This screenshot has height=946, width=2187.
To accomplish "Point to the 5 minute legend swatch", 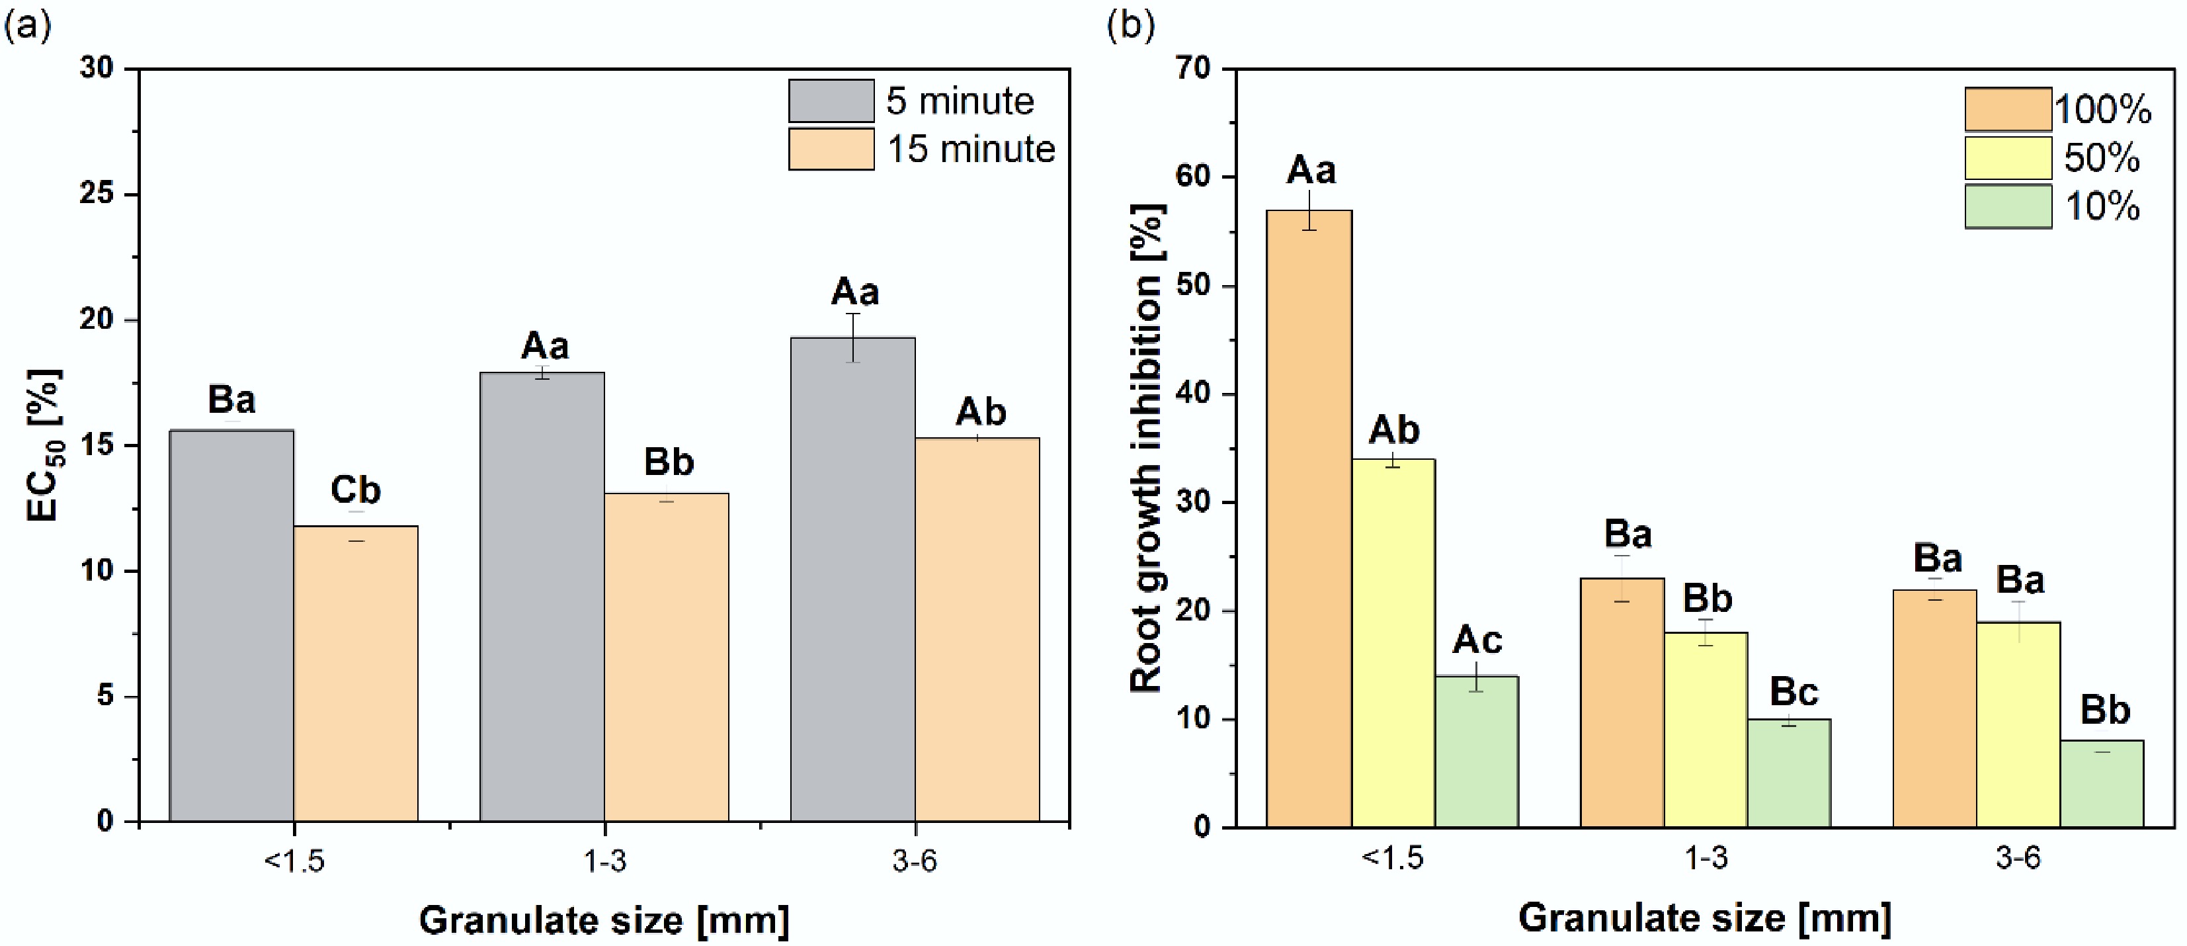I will (x=831, y=101).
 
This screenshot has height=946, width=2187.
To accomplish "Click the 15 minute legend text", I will (x=970, y=150).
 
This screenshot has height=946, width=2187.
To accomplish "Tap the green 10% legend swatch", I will (x=2008, y=206).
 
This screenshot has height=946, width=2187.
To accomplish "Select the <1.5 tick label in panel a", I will (x=294, y=861).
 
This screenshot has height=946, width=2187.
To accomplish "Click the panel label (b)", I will (x=1131, y=26).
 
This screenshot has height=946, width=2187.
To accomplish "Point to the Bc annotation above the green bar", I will (x=1793, y=692).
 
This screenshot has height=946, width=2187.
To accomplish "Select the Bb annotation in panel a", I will (x=668, y=462).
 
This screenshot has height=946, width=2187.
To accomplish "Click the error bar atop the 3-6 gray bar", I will (x=852, y=338).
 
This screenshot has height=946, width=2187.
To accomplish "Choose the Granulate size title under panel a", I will (x=604, y=920).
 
